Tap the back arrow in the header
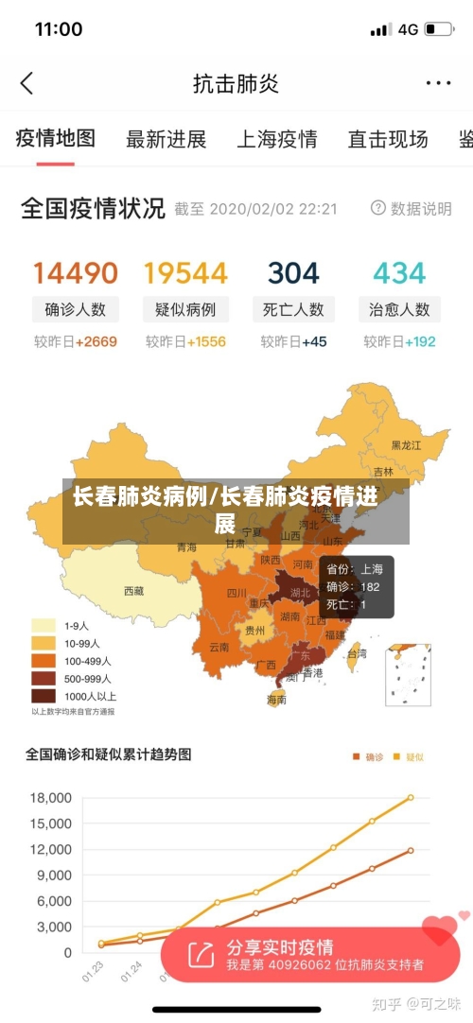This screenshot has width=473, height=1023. coord(26,83)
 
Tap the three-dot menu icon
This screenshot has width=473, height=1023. coord(438,83)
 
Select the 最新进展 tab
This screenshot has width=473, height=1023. coord(166,140)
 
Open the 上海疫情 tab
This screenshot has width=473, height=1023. coord(276,140)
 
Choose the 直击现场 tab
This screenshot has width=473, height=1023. coord(388,140)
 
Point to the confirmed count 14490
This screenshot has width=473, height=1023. coord(76,273)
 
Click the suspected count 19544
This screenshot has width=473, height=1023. coord(185,273)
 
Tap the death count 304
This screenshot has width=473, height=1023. coord(293,273)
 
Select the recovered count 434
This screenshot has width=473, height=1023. coord(399,273)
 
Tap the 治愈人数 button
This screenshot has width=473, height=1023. coord(399,309)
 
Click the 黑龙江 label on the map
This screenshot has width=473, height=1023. coord(407,444)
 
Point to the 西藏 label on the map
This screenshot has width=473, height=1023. coord(134,591)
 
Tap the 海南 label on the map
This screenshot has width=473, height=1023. coord(276,700)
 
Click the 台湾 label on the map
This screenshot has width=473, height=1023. coord(357,653)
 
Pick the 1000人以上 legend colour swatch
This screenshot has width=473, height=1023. coord(44,696)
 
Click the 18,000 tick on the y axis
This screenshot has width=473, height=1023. coord(52,798)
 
